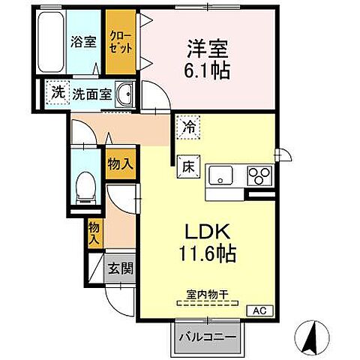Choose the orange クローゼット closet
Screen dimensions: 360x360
pyautogui.click(x=120, y=42)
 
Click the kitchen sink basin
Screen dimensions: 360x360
pyautogui.click(x=221, y=177)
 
